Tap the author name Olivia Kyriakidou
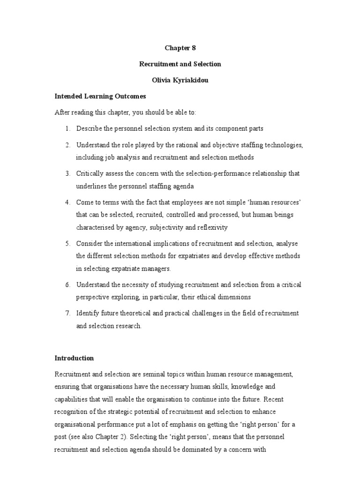(180, 80)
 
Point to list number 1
(67, 128)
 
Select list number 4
(67, 202)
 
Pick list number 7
(67, 313)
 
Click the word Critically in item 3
(90, 173)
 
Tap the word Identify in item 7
(88, 313)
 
